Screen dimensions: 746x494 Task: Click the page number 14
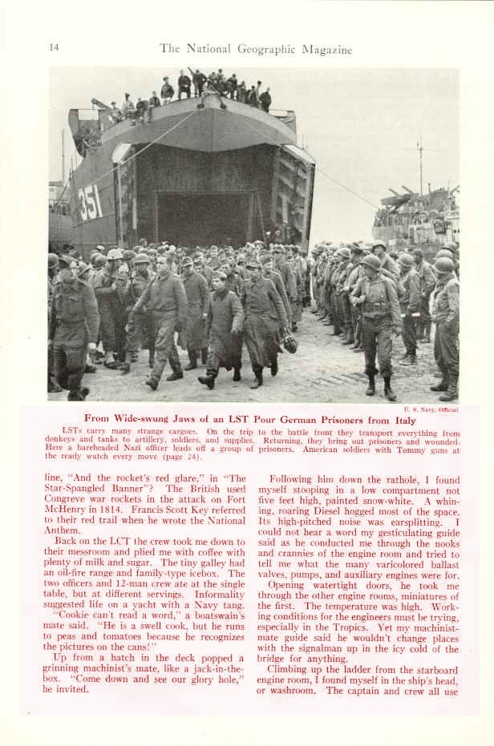click(x=54, y=47)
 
